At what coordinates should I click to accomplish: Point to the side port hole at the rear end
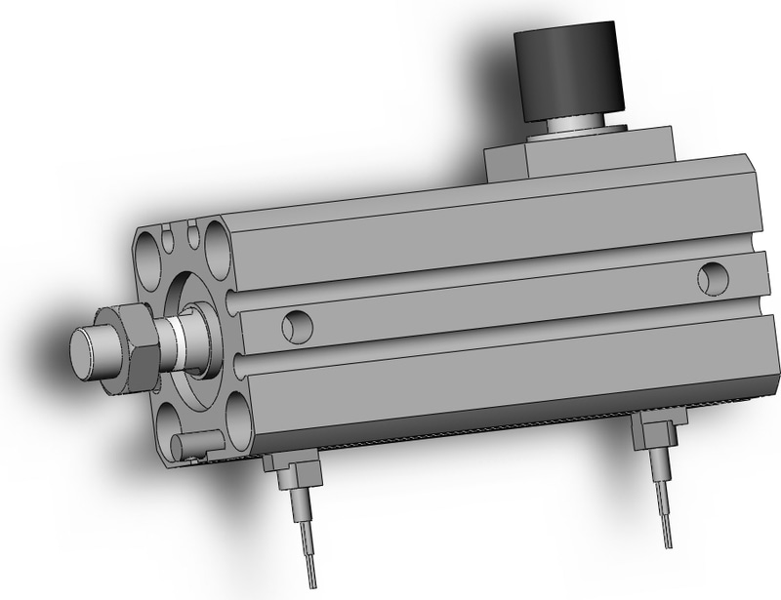pos(712,278)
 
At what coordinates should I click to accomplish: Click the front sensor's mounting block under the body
pos(289,473)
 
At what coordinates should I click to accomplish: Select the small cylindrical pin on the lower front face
pos(185,447)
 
